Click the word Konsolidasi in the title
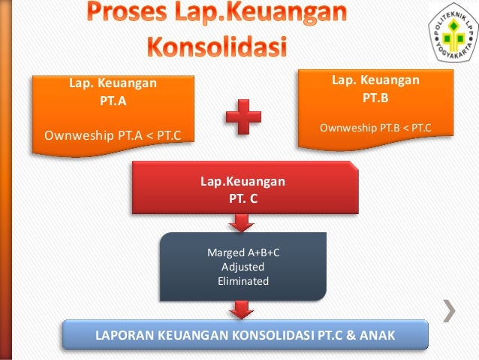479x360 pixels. (x=216, y=44)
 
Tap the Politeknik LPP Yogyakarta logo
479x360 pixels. (x=454, y=35)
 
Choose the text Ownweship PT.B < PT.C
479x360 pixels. (x=375, y=128)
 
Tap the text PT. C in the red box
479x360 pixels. (x=242, y=198)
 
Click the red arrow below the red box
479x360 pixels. (x=242, y=222)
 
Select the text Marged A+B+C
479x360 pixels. (x=243, y=253)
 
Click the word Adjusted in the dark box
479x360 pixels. (x=243, y=267)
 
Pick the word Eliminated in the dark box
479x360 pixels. (x=243, y=281)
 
